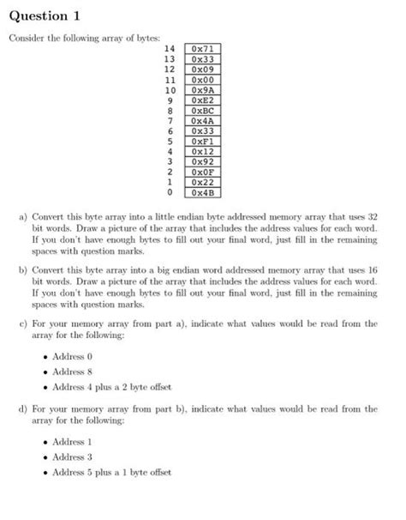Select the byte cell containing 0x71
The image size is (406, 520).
click(202, 50)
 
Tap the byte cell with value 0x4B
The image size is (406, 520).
click(202, 191)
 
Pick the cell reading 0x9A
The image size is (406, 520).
click(202, 90)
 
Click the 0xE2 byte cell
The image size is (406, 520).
click(202, 100)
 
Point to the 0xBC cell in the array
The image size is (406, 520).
click(202, 111)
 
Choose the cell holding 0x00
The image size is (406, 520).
click(202, 80)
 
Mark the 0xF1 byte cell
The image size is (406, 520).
click(202, 141)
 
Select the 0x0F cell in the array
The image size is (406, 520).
click(202, 172)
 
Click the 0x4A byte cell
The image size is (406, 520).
click(202, 121)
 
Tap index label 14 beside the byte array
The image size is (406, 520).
click(169, 50)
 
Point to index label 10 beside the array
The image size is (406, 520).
click(169, 90)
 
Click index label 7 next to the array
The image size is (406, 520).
click(171, 121)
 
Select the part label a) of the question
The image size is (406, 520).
click(23, 219)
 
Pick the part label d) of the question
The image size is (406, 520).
click(23, 409)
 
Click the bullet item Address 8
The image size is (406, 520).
click(72, 372)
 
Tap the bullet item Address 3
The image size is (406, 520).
click(72, 457)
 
